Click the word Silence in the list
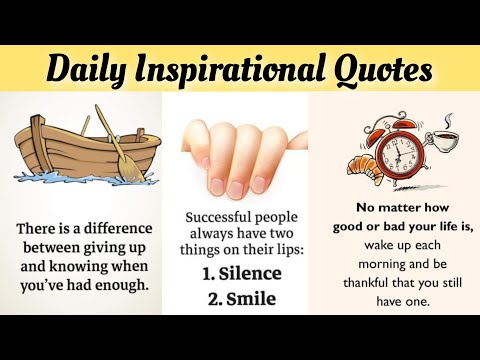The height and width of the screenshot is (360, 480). click(x=251, y=273)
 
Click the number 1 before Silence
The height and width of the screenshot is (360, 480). click(x=208, y=273)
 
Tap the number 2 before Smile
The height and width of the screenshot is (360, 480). click(x=211, y=299)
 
